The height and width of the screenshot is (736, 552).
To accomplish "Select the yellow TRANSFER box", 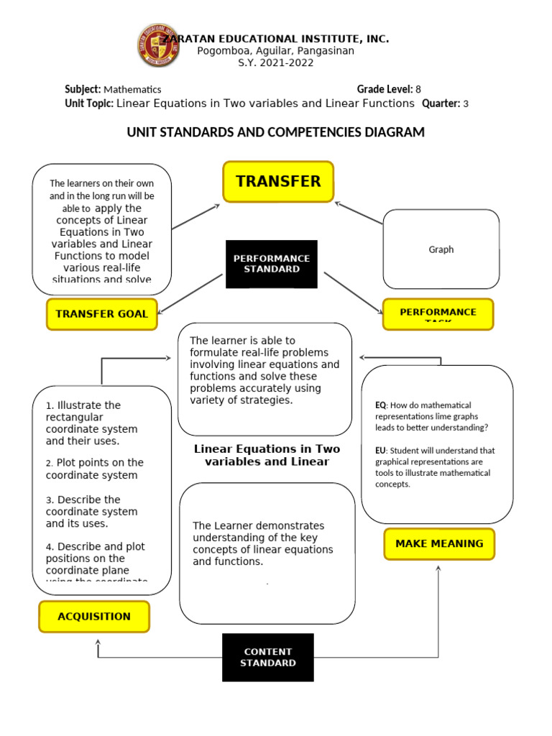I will coord(278,181).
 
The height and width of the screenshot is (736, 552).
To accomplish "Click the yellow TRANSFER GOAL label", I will coord(101,313).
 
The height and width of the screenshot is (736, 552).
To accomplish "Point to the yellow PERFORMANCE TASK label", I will coord(438,313).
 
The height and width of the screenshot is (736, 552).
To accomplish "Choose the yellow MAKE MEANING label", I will coord(439,544).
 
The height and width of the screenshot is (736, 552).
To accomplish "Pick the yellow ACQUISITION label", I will coord(94,616).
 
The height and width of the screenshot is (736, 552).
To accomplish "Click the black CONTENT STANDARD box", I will coord(268,657).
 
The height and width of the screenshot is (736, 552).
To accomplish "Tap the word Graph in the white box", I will coord(441,249).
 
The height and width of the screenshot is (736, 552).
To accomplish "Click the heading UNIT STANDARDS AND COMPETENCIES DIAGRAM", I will coord(276,132).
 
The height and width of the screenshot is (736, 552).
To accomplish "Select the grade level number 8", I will coord(418,90).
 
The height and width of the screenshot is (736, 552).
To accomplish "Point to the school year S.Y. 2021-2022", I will coord(276,63).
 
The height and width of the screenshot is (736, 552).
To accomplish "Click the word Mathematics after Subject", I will coord(132,90).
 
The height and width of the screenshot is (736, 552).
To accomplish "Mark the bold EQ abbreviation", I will coord(380,405).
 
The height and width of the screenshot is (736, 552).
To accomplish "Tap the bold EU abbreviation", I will coord(380,451).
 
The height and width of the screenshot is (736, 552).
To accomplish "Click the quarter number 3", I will coord(466,103).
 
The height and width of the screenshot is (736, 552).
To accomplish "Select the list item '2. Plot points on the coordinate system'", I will coord(94,469).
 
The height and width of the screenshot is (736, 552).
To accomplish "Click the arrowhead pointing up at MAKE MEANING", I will coord(438,568).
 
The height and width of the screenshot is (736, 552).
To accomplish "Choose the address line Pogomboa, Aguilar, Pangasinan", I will coord(276,51).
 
